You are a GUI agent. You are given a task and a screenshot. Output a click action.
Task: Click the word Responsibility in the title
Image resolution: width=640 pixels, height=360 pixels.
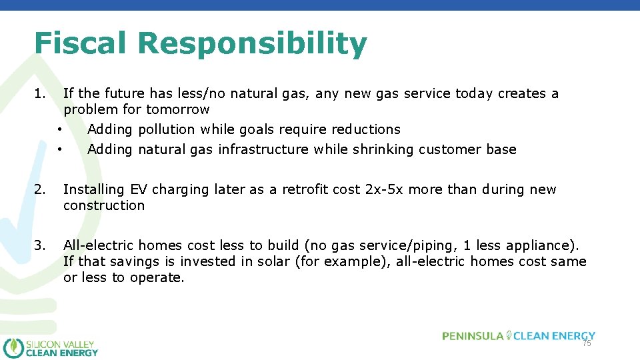(x=253, y=45)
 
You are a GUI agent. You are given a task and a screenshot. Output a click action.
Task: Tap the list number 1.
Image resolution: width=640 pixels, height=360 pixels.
(x=40, y=93)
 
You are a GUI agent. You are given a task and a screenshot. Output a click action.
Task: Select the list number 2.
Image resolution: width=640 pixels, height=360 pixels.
(x=40, y=189)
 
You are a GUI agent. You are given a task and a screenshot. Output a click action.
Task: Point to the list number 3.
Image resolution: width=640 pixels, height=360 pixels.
(x=40, y=245)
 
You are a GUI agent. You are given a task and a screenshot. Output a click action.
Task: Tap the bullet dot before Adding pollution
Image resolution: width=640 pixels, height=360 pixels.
(x=59, y=129)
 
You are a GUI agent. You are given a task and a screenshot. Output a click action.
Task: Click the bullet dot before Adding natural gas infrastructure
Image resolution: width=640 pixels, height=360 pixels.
(x=59, y=149)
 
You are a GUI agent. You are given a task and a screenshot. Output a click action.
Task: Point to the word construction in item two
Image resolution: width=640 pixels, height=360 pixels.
(x=103, y=205)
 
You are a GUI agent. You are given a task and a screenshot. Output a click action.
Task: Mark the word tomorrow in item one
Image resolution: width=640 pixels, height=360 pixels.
(x=177, y=109)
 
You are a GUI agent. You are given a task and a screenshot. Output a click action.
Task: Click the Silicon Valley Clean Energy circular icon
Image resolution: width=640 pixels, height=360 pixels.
(x=13, y=347)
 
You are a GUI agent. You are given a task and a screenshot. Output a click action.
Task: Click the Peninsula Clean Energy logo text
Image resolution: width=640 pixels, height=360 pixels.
(x=518, y=335)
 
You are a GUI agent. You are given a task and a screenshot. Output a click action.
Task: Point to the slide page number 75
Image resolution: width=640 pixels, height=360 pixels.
(x=587, y=343)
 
